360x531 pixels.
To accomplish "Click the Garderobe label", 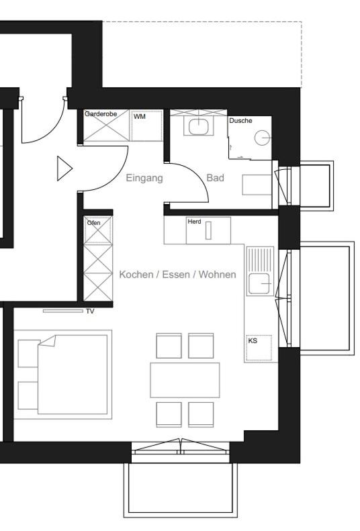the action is (x=101, y=114).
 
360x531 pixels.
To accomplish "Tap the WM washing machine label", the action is (x=140, y=117).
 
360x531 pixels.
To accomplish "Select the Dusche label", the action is (x=240, y=121).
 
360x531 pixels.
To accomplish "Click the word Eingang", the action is (x=144, y=178).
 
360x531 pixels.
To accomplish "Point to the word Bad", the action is (x=215, y=178).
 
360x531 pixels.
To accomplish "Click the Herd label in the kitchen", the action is (x=194, y=222).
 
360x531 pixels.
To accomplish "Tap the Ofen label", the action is (x=94, y=223).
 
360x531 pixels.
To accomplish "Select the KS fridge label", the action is (x=253, y=340).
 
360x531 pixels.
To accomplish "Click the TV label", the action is (x=90, y=311).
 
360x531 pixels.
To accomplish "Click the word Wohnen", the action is (x=217, y=275).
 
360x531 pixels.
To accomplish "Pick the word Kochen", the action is (x=136, y=275).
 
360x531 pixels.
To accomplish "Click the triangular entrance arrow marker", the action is (x=64, y=168).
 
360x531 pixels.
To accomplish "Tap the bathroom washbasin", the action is (x=198, y=126).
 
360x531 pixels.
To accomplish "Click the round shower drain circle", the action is (x=262, y=138).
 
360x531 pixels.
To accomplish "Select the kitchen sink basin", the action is (x=259, y=283).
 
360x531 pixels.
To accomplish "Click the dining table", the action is (x=185, y=380).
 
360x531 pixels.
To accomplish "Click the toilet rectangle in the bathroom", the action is (x=257, y=185).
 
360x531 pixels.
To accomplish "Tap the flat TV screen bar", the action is (x=63, y=311).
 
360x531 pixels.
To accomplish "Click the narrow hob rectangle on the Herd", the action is (x=208, y=230).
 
